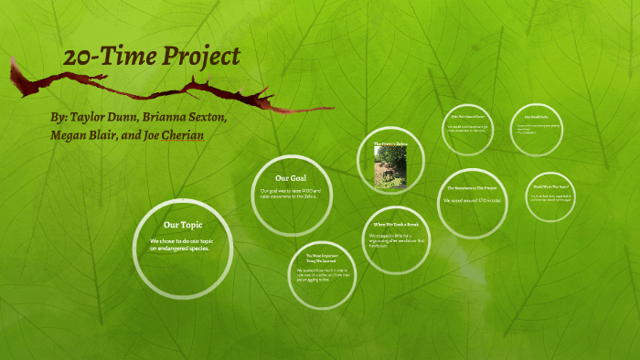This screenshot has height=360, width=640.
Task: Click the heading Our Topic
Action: [x=183, y=224]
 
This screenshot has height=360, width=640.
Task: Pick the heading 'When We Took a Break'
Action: [x=395, y=224]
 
